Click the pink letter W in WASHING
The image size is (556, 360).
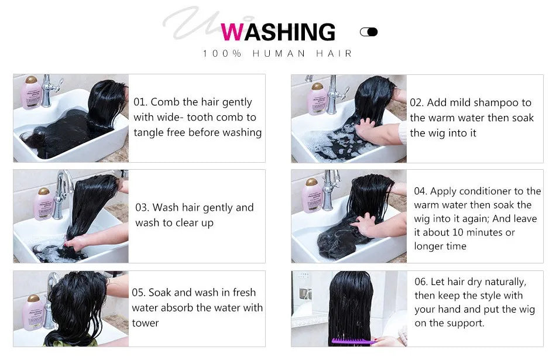coord(232,32)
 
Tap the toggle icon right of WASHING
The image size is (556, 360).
coord(369,32)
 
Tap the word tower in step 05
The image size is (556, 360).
coord(146,323)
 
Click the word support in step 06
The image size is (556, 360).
coord(465,323)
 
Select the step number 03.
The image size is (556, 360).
coord(142,208)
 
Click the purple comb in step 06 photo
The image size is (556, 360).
coord(351,341)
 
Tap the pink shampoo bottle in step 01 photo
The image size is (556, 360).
coord(31,94)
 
